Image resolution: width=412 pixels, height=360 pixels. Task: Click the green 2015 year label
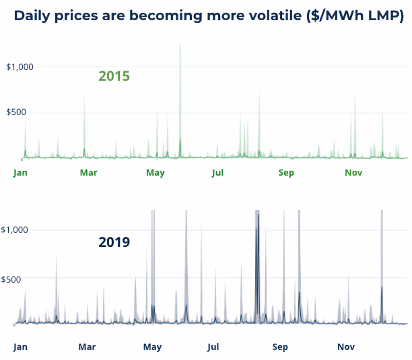pyautogui.click(x=114, y=76)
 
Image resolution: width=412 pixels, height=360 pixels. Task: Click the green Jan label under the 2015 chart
pyautogui.click(x=20, y=173)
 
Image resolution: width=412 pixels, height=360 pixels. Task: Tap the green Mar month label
pyautogui.click(x=88, y=173)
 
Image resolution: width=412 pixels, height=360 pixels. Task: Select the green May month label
pyautogui.click(x=156, y=173)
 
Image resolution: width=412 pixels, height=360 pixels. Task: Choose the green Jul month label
pyautogui.click(x=217, y=173)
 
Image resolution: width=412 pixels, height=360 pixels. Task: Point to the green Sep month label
pyautogui.click(x=286, y=173)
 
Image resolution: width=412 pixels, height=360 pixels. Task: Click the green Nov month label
pyautogui.click(x=353, y=173)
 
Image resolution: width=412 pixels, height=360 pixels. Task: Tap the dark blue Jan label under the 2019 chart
pyautogui.click(x=20, y=347)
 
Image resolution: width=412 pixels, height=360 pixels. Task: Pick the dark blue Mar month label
pyautogui.click(x=87, y=347)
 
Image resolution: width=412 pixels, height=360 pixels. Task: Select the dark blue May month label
pyautogui.click(x=153, y=347)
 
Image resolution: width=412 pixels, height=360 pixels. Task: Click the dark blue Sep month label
pyautogui.click(x=280, y=347)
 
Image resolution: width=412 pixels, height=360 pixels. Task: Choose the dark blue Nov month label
pyautogui.click(x=346, y=347)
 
